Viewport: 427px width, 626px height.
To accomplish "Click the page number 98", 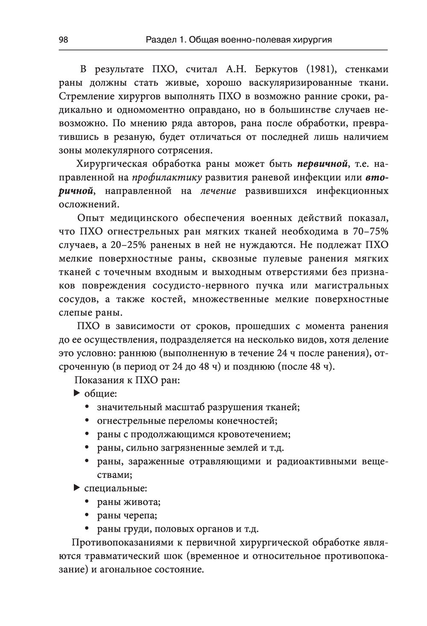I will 64,40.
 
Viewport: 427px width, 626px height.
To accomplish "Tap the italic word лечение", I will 218,191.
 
